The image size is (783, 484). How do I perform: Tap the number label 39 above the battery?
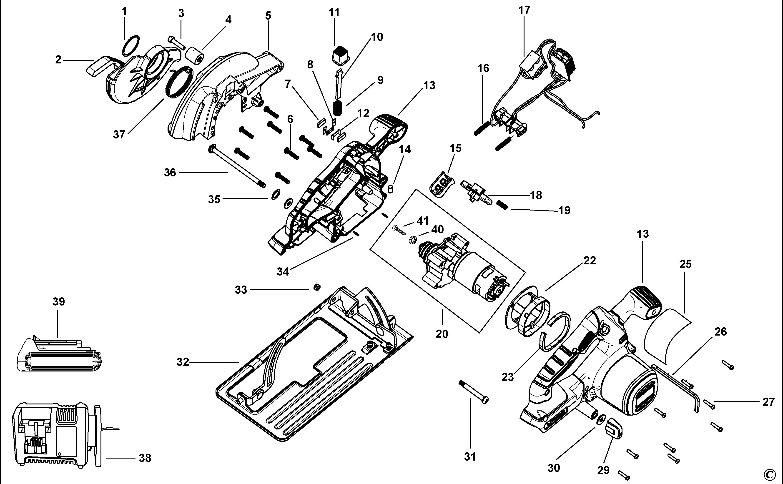coord(59,301)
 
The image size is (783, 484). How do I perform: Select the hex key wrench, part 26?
coord(675,387)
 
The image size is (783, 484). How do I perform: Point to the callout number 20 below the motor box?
coord(442,334)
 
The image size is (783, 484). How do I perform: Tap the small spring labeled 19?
coord(502,205)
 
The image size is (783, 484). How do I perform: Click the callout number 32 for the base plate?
coord(183,362)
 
